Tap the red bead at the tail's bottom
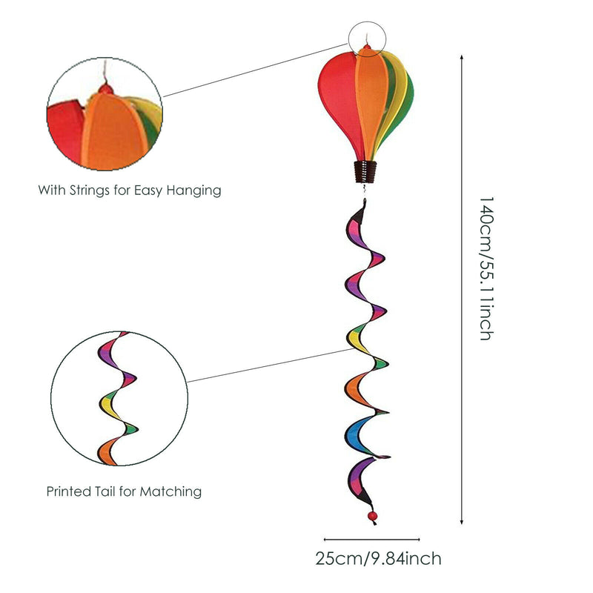click(370, 514)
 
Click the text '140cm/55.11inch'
click(486, 268)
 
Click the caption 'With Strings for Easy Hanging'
click(130, 191)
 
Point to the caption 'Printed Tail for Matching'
click(124, 491)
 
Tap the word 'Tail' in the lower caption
click(110, 491)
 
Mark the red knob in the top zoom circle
click(106, 89)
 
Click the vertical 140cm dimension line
click(463, 289)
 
